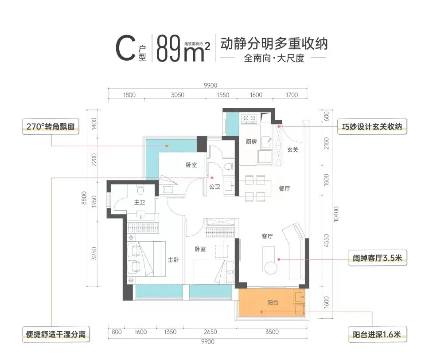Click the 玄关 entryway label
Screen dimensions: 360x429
pos(292,150)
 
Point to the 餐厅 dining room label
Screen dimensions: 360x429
pos(284,188)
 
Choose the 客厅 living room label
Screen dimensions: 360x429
pos(267,237)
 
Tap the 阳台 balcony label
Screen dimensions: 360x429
pos(273,303)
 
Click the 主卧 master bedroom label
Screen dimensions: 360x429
pos(173,260)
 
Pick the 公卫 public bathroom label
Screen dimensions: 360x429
pos(214,187)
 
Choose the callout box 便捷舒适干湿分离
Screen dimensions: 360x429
pos(55,333)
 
